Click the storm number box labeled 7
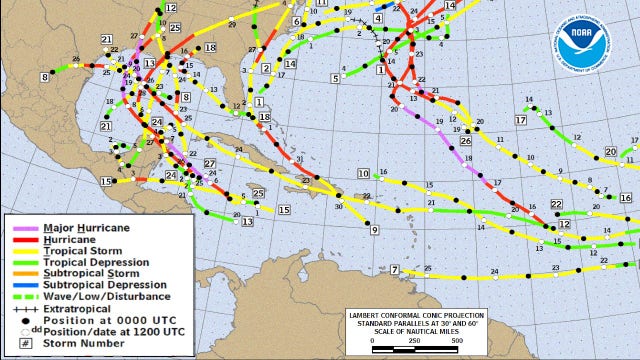tap(395, 270)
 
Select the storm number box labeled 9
tap(373, 230)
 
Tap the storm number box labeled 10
tap(363, 174)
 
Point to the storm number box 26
tap(466, 141)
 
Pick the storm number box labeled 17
tap(520, 120)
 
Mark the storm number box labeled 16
tap(625, 198)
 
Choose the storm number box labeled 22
tap(557, 204)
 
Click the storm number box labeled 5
tap(335, 77)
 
